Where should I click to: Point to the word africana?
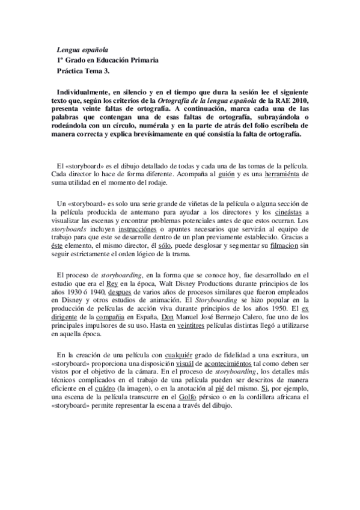293,398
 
